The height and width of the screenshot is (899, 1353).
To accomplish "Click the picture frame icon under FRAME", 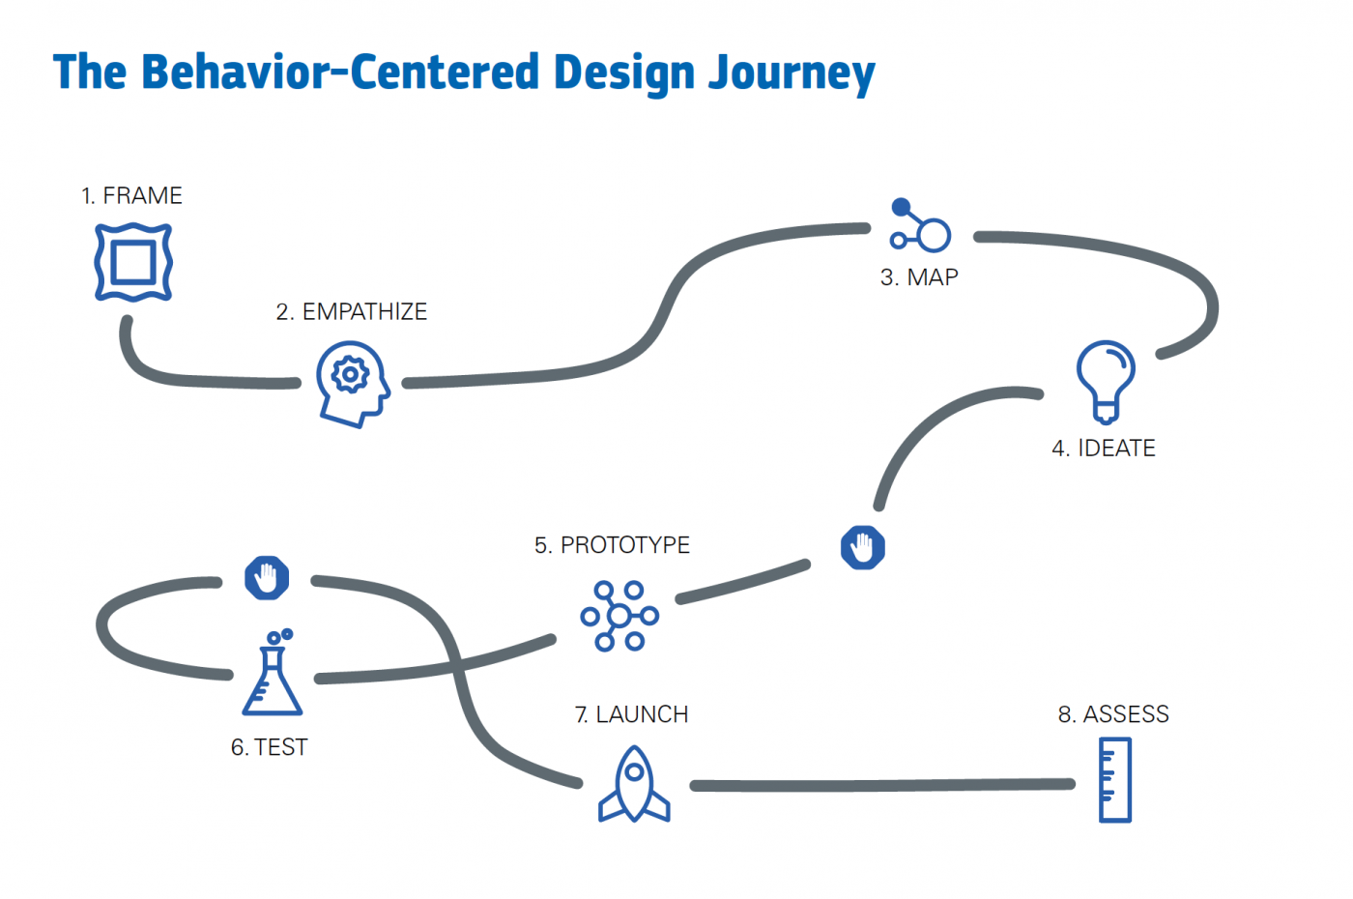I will coord(133,262).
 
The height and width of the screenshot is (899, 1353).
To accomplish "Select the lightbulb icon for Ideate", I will coord(1106,381).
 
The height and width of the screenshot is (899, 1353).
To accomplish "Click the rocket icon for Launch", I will coord(634,784).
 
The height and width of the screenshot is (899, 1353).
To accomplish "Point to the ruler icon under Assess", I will coord(1114,780).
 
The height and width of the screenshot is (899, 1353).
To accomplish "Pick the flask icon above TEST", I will coord(272,675).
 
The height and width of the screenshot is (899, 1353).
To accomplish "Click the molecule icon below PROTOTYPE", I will coord(619,616).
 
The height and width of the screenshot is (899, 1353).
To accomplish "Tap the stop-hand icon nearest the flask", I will coord(267,578).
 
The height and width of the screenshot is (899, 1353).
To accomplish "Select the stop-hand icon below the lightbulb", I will coord(863,548).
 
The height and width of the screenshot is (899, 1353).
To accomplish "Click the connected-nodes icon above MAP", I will coord(921,226).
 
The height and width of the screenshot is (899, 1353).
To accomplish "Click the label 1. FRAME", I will coord(131,196).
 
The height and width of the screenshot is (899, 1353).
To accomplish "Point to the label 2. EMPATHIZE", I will coord(352,312).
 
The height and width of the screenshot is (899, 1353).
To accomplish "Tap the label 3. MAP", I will coord(919,278).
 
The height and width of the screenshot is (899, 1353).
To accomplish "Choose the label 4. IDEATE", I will coord(1104,449).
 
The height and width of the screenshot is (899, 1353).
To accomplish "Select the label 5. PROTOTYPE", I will coord(612,545).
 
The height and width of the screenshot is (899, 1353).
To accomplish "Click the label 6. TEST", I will coord(269,747).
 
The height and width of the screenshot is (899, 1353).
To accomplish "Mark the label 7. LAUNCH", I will coord(631,715).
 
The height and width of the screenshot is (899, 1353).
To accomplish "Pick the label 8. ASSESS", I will coord(1113,715).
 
